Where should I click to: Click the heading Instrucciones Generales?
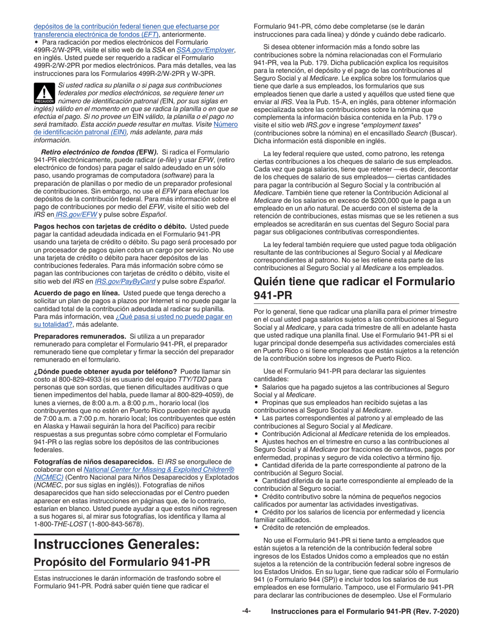[117, 544]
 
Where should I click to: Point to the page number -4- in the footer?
[246, 611]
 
